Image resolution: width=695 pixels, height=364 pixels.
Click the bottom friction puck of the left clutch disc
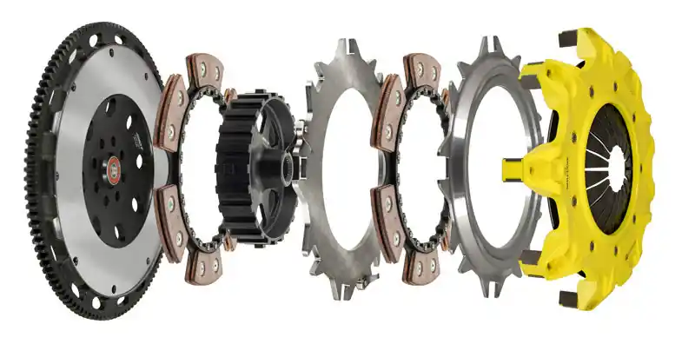click(205, 267)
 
